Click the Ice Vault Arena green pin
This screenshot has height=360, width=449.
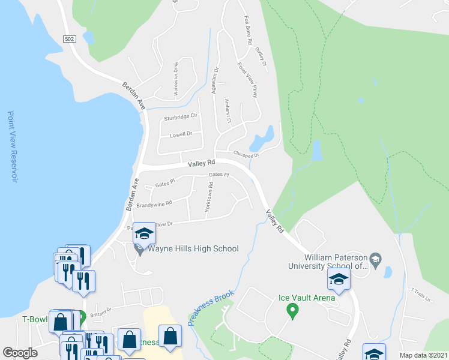pyautogui.click(x=292, y=310)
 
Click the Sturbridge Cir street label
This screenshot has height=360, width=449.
pyautogui.click(x=181, y=116)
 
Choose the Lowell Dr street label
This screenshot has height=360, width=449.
pyautogui.click(x=180, y=134)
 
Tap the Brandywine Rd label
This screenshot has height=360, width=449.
pyautogui.click(x=154, y=203)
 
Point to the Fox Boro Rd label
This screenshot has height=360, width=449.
pyautogui.click(x=247, y=31)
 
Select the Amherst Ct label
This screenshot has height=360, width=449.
pyautogui.click(x=228, y=111)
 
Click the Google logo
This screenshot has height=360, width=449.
pyautogui.click(x=20, y=352)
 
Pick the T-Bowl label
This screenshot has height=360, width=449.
pyautogui.click(x=34, y=319)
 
